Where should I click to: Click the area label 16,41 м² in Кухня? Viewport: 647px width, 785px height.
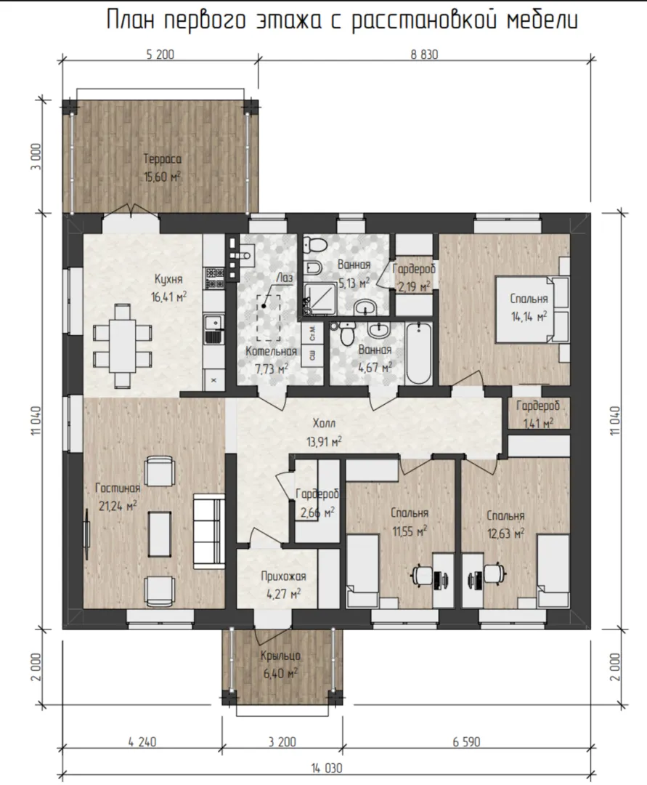pos(168,297)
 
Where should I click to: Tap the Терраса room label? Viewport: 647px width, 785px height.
pos(163,159)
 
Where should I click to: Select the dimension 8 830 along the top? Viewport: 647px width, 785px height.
pos(425,54)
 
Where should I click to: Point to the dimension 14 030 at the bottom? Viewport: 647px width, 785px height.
pos(327,768)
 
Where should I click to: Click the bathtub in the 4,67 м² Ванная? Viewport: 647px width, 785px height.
pos(419,353)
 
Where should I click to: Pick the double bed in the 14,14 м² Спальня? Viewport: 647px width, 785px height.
pos(532,310)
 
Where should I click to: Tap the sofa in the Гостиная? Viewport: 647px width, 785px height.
pos(209,531)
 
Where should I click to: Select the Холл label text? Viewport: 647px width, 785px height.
pos(324,424)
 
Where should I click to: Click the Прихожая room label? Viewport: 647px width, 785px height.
pos(283,576)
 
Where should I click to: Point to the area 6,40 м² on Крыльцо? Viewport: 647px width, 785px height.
pos(280,673)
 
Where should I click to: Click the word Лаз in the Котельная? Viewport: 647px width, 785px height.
pos(284,278)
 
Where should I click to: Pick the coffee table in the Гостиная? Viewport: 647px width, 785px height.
pos(160,534)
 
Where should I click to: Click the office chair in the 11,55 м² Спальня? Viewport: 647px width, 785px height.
pos(421,575)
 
